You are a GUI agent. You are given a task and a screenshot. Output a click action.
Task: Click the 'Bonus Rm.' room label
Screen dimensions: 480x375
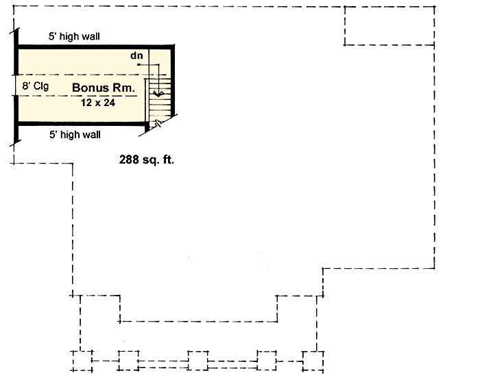[x=104, y=88]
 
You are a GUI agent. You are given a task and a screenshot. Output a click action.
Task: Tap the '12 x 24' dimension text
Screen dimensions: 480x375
[x=98, y=103]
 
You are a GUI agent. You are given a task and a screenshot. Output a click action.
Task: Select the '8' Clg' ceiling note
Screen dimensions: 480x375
[x=35, y=86]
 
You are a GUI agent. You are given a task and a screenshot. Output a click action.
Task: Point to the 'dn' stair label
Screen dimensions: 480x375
[x=136, y=55]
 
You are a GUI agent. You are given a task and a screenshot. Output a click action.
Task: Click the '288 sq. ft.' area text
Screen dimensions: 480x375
[x=146, y=159]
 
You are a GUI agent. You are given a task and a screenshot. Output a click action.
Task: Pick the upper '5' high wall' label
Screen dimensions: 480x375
[x=74, y=36]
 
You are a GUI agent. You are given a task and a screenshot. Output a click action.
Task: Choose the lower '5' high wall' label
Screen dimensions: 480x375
[x=75, y=135]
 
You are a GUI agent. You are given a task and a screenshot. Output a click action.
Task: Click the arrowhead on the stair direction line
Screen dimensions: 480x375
[x=158, y=94]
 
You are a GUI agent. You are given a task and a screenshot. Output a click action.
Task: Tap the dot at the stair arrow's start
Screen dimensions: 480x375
[x=139, y=64]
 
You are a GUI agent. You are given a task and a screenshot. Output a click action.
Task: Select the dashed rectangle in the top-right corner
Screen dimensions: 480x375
[x=389, y=25]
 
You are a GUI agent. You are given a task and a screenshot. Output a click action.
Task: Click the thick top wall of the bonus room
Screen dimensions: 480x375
[x=95, y=47]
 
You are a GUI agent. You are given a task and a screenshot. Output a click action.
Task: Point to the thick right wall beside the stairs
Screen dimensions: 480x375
[x=173, y=80]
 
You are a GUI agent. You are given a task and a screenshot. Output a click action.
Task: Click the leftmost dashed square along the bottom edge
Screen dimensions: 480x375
[x=83, y=361]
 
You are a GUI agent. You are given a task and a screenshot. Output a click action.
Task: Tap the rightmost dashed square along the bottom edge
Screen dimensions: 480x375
[x=313, y=361]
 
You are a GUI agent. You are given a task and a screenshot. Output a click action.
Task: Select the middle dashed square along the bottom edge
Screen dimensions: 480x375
[x=197, y=361]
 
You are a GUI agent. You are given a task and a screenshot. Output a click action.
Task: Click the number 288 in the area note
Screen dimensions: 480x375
[x=129, y=159]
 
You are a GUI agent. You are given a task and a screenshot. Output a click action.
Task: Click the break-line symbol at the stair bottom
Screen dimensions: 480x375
[x=158, y=124]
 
